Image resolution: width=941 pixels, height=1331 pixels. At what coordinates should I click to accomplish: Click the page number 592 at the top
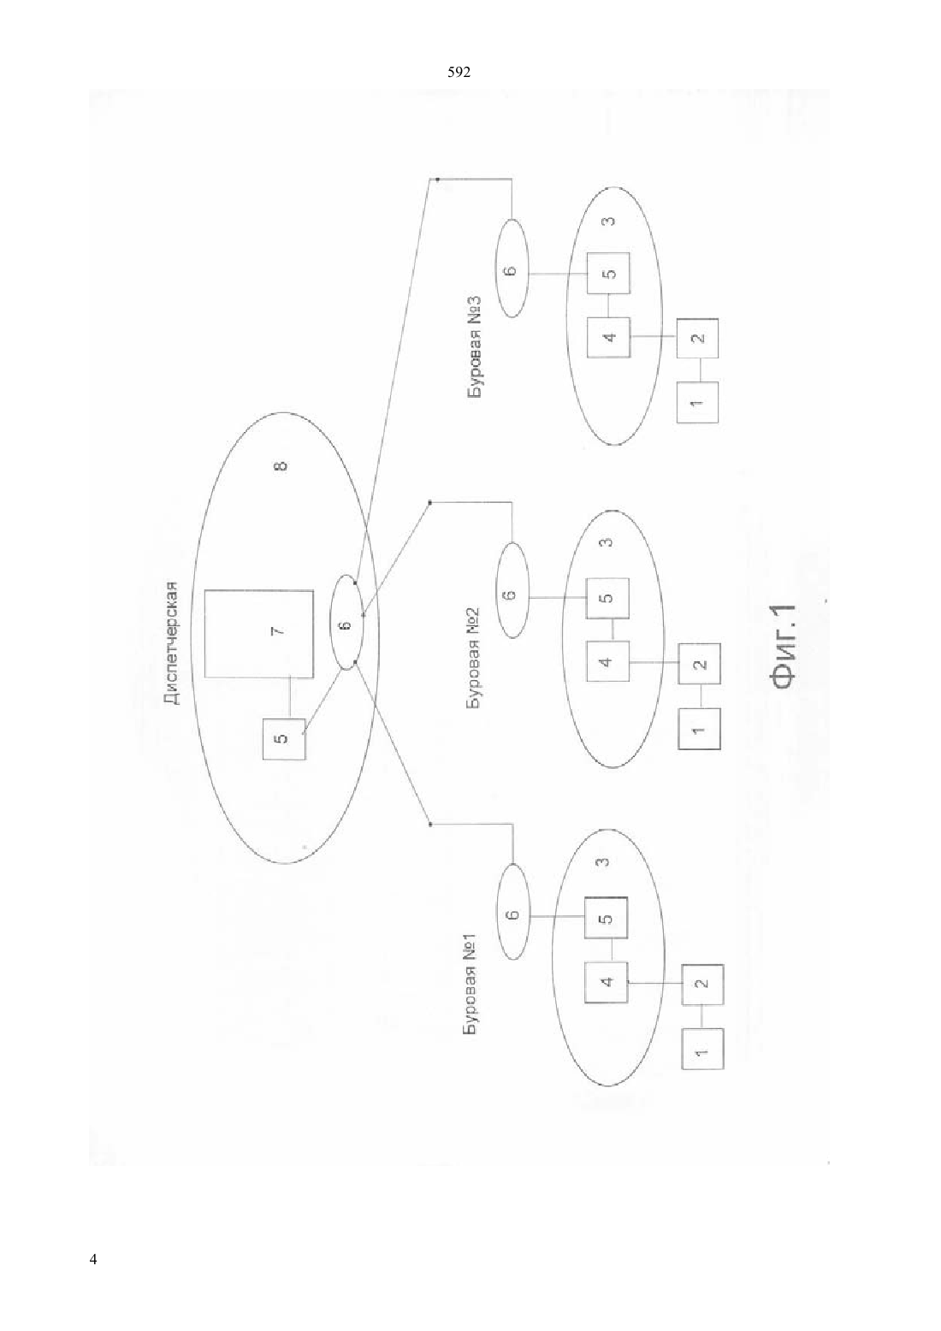coord(459,73)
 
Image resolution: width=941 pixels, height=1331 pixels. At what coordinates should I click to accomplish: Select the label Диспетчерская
coord(172,642)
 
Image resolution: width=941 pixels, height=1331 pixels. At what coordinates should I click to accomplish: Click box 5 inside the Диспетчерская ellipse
coord(284,738)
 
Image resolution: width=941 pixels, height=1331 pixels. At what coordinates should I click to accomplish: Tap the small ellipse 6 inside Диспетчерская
coord(347,623)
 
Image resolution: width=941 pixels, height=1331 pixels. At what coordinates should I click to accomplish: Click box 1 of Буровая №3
coord(697,402)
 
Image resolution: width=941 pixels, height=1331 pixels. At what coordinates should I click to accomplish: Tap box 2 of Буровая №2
coord(699,663)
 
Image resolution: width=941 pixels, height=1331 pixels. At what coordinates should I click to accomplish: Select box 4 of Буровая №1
coord(606,983)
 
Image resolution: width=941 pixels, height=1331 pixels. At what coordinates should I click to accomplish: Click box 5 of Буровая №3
coord(609,274)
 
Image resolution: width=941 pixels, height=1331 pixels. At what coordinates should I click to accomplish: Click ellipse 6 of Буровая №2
coord(512,590)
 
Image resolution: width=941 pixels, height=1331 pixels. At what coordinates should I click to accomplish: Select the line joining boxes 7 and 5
coord(289,698)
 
